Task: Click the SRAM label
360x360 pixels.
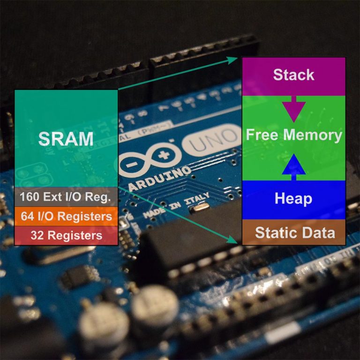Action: (66, 139)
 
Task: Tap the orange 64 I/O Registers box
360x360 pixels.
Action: (66, 217)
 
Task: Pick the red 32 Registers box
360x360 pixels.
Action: (66, 235)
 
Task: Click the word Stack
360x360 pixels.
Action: (294, 75)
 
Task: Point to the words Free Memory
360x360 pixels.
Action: (294, 135)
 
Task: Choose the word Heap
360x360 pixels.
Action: (294, 199)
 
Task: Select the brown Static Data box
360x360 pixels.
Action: (294, 232)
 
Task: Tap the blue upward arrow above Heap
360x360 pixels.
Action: (294, 165)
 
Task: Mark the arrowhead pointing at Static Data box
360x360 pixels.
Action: (233, 240)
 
